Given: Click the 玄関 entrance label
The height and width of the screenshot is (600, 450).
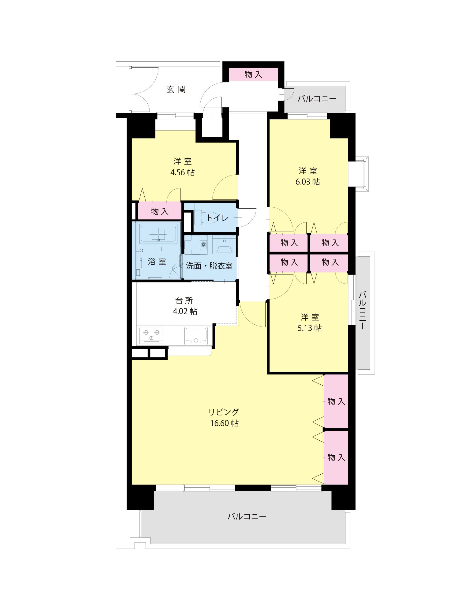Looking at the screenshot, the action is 176,89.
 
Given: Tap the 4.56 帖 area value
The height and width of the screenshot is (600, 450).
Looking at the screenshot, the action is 182,172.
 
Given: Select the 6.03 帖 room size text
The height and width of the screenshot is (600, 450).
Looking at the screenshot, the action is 307,182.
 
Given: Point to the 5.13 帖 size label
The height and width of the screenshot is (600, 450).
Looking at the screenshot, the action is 310,328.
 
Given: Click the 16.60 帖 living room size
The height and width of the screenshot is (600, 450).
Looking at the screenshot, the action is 224,423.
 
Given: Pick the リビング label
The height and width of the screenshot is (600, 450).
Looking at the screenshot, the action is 224,412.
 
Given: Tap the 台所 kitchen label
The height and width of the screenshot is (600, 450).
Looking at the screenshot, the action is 184,300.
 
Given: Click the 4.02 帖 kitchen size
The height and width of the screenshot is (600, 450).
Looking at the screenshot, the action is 185,311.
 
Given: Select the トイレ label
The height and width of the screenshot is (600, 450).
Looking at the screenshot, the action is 217,217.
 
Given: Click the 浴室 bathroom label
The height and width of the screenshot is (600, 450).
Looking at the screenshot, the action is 157,262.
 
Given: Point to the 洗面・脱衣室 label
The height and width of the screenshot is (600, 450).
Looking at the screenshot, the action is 209,266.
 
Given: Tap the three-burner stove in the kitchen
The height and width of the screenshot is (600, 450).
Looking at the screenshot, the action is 151,336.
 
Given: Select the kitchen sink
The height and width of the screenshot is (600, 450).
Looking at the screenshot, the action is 196,336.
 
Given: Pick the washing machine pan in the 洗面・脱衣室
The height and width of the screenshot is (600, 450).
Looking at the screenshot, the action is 195,244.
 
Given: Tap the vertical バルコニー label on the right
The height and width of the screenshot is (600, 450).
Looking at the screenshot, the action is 362,310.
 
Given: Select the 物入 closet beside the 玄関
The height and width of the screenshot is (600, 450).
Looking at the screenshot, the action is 253,74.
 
